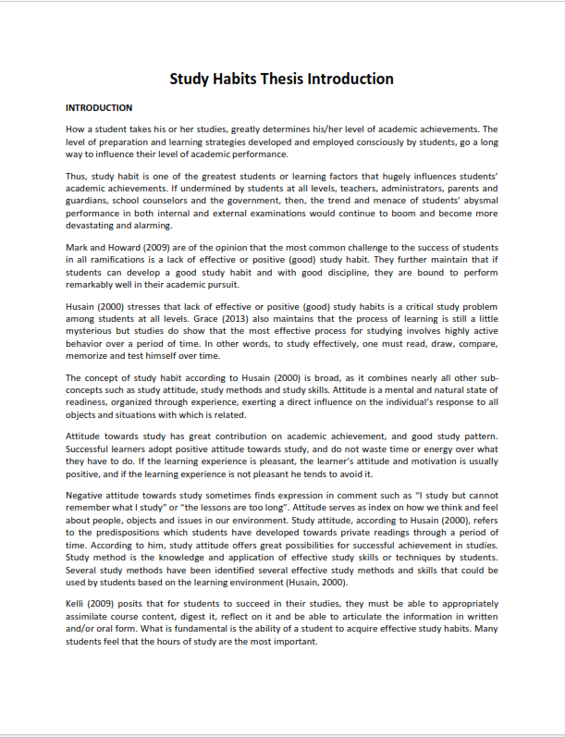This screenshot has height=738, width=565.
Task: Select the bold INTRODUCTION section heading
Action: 99,108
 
